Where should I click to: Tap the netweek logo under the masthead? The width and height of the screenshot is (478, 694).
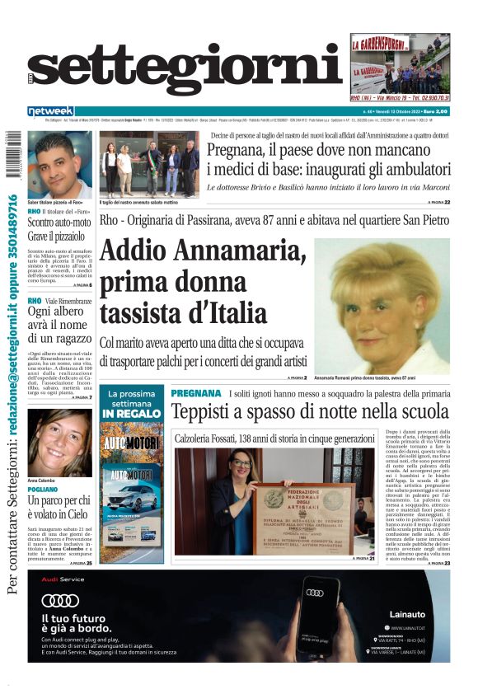coord(50,111)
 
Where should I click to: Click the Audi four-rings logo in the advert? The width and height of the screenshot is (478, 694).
coord(60,600)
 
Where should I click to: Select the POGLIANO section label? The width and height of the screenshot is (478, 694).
coord(42,489)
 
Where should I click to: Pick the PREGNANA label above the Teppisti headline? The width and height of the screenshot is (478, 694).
coord(196,394)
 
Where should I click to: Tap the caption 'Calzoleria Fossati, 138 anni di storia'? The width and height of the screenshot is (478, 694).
coord(274,438)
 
